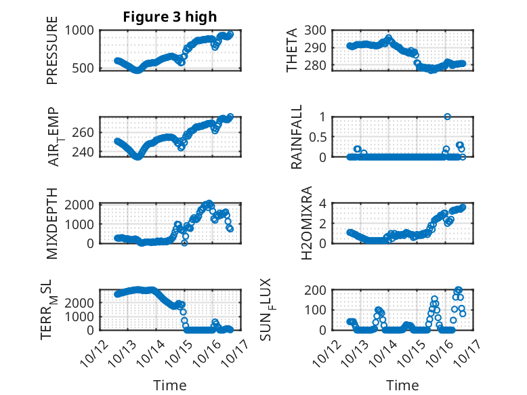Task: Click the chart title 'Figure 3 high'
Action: coord(169,17)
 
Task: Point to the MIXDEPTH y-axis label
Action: coord(52,224)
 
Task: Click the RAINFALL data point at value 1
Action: coord(448,117)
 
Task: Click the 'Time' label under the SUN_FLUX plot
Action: coord(402,386)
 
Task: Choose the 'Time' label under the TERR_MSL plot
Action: coord(169,386)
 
